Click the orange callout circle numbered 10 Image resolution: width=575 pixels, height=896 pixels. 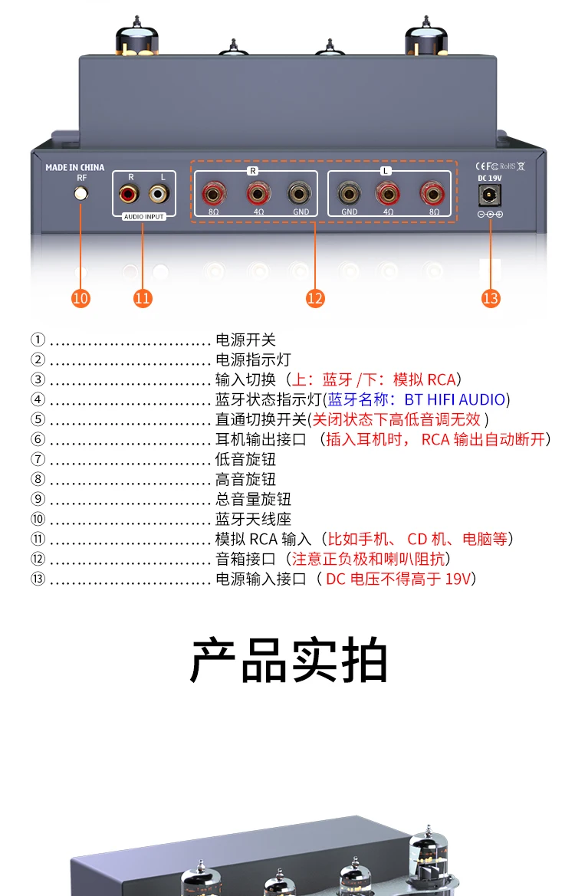(80, 298)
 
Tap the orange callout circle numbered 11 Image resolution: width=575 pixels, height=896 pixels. (143, 298)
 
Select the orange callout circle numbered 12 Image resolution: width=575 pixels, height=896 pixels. (315, 298)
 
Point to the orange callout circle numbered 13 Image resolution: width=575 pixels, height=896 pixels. (491, 298)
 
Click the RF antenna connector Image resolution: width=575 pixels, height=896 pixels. (81, 194)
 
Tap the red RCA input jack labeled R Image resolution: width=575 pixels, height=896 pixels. (129, 195)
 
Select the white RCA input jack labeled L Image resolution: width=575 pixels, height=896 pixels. (159, 195)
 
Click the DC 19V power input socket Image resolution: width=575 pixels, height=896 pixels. (489, 195)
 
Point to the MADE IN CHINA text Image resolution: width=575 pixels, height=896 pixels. (75, 167)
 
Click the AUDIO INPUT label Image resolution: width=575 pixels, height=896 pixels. (144, 217)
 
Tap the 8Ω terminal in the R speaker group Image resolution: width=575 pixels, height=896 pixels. (213, 194)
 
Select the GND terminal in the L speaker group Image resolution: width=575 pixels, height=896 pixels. (350, 194)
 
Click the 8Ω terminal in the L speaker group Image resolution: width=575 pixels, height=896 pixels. (432, 194)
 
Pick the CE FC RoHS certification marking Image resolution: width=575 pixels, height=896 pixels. (500, 166)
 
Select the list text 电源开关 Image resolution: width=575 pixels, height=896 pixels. (246, 340)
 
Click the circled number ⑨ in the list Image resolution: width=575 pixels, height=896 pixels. (38, 499)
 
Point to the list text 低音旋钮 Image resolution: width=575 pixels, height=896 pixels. (246, 459)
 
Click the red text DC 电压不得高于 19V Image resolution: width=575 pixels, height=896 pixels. (399, 579)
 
